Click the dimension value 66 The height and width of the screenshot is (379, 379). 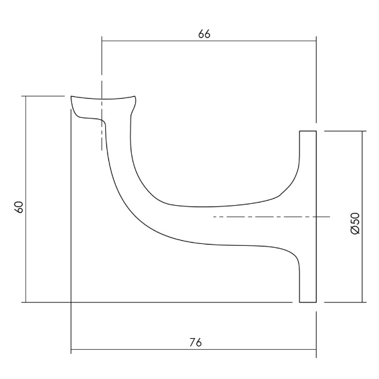pyautogui.click(x=204, y=34)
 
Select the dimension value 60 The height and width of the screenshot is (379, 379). pyautogui.click(x=18, y=207)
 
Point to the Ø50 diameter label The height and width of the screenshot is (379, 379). pyautogui.click(x=355, y=222)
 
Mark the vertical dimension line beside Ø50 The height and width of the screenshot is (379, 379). pyautogui.click(x=362, y=217)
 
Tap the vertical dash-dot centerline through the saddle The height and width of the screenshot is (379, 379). pyautogui.click(x=101, y=115)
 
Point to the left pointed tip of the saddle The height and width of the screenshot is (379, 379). pyautogui.click(x=71, y=97)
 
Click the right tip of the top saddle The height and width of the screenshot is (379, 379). pyautogui.click(x=136, y=97)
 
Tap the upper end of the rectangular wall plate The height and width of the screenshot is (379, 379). pyautogui.click(x=308, y=132)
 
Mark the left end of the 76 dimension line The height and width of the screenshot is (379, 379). pyautogui.click(x=71, y=350)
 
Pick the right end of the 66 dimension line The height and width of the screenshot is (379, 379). pyautogui.click(x=317, y=41)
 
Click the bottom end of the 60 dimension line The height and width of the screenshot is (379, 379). pyautogui.click(x=25, y=301)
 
